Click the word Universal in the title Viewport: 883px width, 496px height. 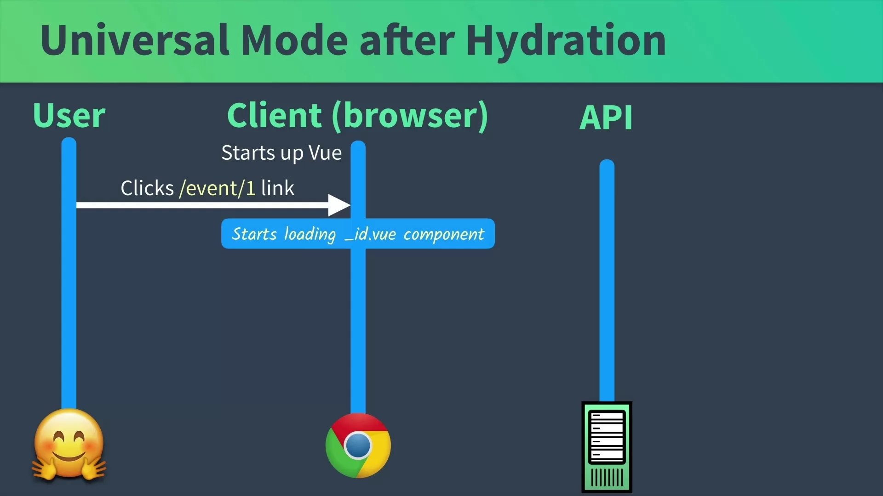pyautogui.click(x=135, y=40)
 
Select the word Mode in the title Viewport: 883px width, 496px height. pyautogui.click(x=294, y=40)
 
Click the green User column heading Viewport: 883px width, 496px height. pyautogui.click(x=69, y=115)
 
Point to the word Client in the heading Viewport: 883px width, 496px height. pyautogui.click(x=275, y=115)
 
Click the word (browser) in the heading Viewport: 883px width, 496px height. pyautogui.click(x=410, y=116)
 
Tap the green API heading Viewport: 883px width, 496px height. pyautogui.click(x=606, y=118)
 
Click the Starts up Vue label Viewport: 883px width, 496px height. pyautogui.click(x=281, y=153)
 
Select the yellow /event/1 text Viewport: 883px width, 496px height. pyautogui.click(x=218, y=188)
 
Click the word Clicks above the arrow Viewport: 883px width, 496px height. pyautogui.click(x=147, y=188)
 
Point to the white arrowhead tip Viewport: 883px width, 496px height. pyautogui.click(x=350, y=205)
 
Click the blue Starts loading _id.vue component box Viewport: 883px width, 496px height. pyautogui.click(x=358, y=234)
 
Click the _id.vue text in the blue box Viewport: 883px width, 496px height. pyautogui.click(x=371, y=234)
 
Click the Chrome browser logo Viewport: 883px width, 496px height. pyautogui.click(x=358, y=445)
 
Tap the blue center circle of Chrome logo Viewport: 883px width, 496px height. pyautogui.click(x=358, y=445)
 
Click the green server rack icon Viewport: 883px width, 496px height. pyautogui.click(x=607, y=447)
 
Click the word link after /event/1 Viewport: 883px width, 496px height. pyautogui.click(x=278, y=188)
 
